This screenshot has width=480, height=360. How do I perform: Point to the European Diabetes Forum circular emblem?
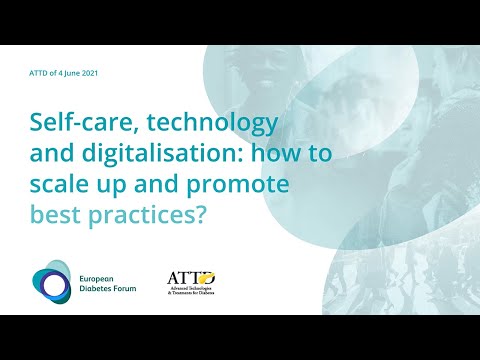tap(49, 285)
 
